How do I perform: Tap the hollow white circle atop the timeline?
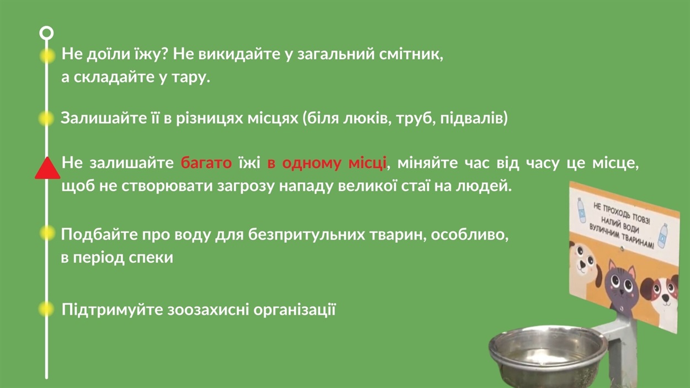[46, 33]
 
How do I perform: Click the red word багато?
[206, 163]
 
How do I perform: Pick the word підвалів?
[474, 119]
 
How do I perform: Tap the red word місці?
[367, 163]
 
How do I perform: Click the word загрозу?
[246, 187]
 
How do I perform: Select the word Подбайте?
[99, 235]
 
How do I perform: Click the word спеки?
[151, 258]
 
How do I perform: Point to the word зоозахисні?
[208, 310]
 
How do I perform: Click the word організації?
[294, 310]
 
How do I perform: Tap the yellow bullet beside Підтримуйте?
[47, 309]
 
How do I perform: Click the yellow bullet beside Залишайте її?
[47, 118]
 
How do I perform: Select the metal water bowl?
[548, 355]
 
